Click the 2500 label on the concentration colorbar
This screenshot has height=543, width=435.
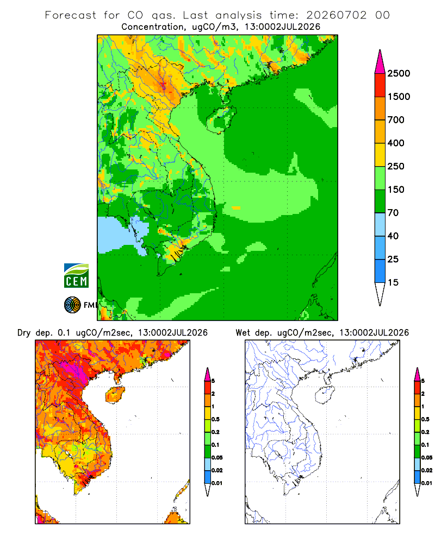click(399, 73)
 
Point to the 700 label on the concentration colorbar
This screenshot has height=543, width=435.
click(396, 120)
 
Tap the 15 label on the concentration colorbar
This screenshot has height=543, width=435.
click(393, 282)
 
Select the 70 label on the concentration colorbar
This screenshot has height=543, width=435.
click(393, 213)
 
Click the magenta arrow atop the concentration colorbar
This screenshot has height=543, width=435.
click(380, 62)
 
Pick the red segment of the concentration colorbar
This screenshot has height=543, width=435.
click(380, 85)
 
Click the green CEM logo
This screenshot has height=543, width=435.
click(76, 276)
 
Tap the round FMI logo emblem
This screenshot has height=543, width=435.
click(72, 305)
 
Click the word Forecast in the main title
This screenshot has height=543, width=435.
click(71, 15)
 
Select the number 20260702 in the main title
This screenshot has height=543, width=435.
click(336, 15)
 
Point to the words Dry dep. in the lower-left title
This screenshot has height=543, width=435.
click(34, 333)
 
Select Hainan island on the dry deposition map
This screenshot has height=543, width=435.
click(115, 395)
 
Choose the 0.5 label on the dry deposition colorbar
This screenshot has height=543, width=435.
click(216, 419)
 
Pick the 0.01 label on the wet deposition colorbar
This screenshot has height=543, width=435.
click(427, 483)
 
